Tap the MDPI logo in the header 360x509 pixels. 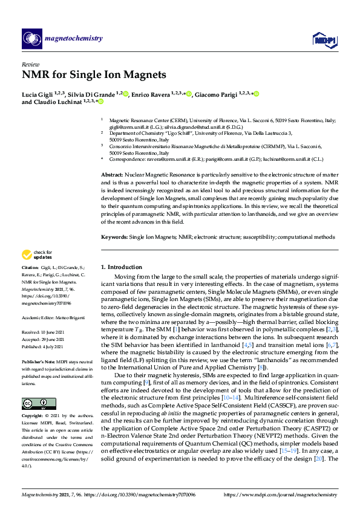(324, 41)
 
